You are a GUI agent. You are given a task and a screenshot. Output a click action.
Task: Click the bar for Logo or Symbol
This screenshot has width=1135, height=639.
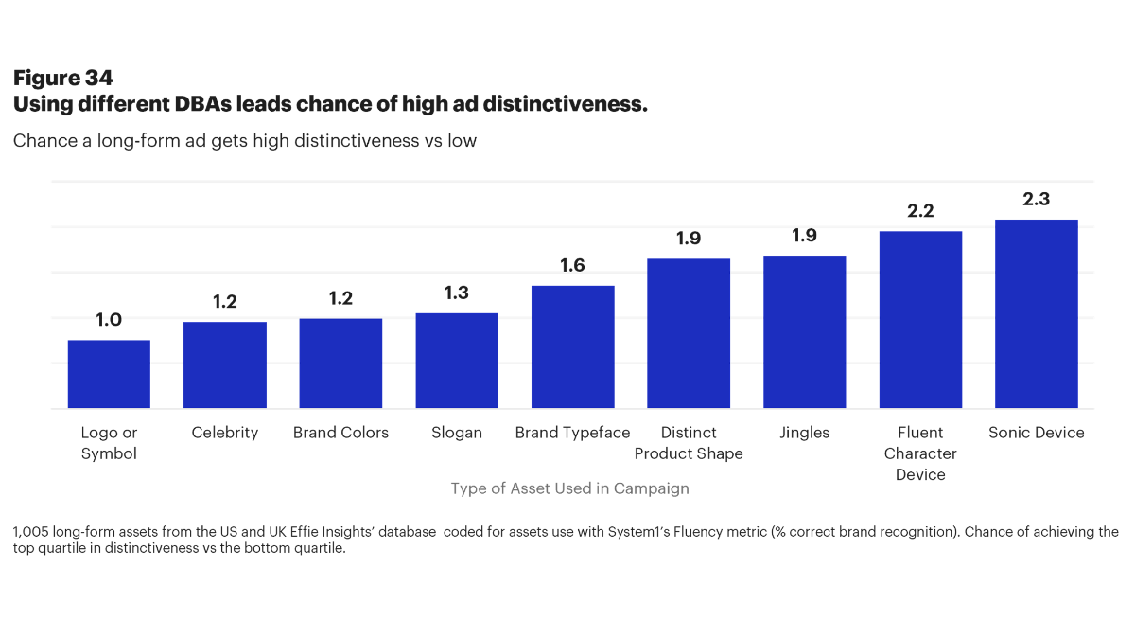click(109, 374)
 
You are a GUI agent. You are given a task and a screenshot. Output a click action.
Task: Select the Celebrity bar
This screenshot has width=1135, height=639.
click(225, 365)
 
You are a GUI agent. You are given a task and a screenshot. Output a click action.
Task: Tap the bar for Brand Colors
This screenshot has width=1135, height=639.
click(340, 364)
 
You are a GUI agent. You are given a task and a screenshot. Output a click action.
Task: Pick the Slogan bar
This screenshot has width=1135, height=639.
click(457, 361)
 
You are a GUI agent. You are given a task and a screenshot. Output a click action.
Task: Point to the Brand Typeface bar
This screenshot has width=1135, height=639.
click(573, 346)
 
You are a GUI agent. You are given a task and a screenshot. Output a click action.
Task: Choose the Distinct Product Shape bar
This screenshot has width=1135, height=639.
click(689, 333)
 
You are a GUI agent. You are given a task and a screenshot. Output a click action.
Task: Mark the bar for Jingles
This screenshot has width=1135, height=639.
click(805, 331)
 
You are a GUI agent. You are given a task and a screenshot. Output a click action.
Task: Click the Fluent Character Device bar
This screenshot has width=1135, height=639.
click(920, 320)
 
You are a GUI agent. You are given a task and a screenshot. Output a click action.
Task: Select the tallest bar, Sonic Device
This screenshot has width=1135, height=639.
click(1037, 314)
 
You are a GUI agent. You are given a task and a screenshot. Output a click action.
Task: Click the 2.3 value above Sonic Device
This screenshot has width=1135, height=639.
click(1037, 200)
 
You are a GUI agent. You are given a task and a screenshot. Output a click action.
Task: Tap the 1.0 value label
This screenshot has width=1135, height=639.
click(109, 320)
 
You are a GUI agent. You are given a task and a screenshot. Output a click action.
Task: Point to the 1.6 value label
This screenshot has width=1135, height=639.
click(573, 266)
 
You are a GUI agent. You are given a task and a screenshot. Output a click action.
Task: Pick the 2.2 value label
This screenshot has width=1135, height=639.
click(920, 211)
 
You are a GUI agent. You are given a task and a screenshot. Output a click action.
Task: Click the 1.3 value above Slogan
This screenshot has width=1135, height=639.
click(457, 293)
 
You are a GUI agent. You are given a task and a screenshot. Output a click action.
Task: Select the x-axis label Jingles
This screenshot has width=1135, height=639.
click(805, 433)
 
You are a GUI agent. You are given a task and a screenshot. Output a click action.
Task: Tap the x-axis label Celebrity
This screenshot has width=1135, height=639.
click(225, 433)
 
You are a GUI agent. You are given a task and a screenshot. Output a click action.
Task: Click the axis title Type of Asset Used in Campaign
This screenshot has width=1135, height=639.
click(569, 488)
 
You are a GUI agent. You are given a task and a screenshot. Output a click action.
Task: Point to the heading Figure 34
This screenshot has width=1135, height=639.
click(62, 79)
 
